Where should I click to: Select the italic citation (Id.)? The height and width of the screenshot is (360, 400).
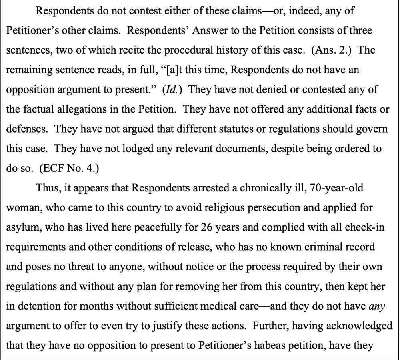pos(173,90)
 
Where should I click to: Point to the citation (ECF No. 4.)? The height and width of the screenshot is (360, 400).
pos(69,168)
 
